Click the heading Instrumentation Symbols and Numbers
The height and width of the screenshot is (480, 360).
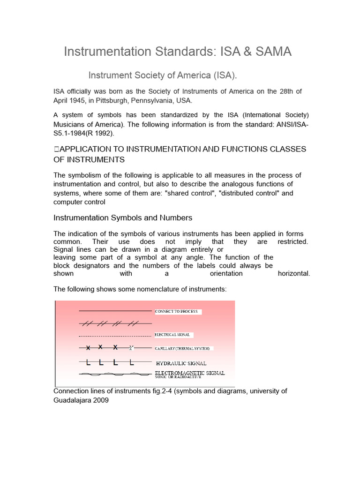(123, 218)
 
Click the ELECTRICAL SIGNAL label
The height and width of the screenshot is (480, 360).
(172, 335)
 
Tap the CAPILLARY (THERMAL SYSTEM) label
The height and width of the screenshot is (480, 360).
(184, 349)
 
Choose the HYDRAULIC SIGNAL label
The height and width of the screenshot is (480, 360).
(181, 363)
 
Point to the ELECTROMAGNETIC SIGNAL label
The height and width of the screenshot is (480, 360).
(190, 373)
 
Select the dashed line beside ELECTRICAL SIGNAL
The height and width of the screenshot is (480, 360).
(115, 336)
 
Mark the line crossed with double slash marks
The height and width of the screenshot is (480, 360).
(115, 323)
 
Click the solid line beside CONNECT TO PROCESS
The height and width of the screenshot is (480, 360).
(115, 311)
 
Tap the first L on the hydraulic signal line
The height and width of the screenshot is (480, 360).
(88, 363)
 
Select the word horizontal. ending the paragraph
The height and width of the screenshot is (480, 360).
(294, 274)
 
